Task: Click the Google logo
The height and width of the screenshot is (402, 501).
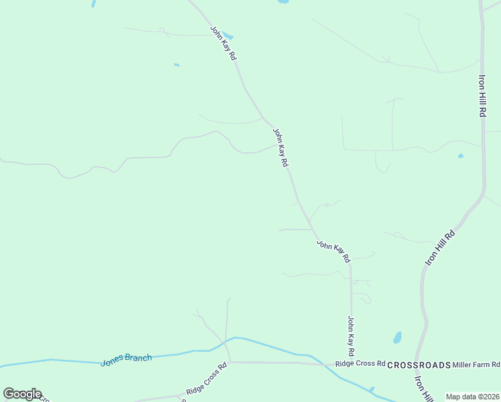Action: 22,394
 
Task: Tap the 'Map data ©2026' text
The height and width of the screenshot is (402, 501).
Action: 473,397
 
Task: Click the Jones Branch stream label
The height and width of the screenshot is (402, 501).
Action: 127,360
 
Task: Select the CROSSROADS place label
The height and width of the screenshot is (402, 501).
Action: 419,365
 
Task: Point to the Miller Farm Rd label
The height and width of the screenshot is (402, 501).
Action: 476,364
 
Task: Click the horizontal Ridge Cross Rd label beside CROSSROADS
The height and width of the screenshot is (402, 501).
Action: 360,364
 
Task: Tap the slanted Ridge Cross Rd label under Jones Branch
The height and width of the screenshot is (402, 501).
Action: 207,379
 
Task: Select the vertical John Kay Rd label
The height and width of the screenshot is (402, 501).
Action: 350,336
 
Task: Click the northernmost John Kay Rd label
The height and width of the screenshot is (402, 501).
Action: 224,44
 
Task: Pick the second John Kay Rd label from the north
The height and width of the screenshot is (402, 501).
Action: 281,147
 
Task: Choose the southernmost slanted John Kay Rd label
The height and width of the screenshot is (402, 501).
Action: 334,251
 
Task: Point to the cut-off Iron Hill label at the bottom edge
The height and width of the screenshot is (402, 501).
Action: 422,389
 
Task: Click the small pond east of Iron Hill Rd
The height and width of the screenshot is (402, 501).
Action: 460,156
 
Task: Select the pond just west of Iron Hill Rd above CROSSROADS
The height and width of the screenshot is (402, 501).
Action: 397,337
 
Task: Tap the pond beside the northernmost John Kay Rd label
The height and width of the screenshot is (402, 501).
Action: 228,34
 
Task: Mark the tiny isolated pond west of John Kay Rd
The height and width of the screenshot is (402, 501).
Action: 176,65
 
